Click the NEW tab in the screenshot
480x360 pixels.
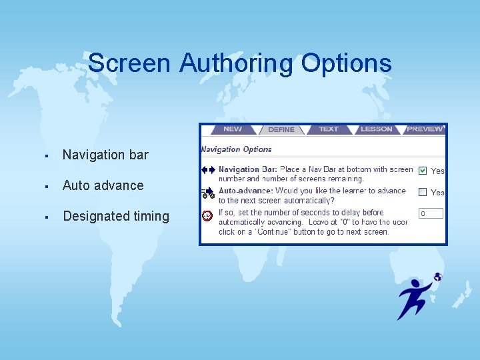tap(233, 129)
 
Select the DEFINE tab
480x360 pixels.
tap(281, 129)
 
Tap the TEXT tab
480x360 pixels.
tap(329, 129)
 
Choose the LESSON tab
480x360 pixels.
tap(377, 129)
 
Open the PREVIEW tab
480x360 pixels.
tap(425, 129)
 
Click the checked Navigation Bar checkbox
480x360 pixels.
tap(423, 171)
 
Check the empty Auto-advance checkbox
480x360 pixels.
tap(423, 192)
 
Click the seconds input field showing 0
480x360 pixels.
tap(431, 213)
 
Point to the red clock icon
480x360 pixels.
tap(207, 215)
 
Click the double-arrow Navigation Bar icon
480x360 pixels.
tap(208, 170)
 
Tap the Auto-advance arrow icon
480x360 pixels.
tap(208, 192)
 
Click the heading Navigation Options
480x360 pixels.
tap(237, 149)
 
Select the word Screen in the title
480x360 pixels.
tap(130, 63)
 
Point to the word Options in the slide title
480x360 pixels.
tap(346, 63)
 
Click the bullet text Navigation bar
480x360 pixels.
tap(105, 155)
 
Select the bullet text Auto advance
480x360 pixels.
tap(103, 185)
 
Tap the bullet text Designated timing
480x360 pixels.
tap(116, 216)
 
